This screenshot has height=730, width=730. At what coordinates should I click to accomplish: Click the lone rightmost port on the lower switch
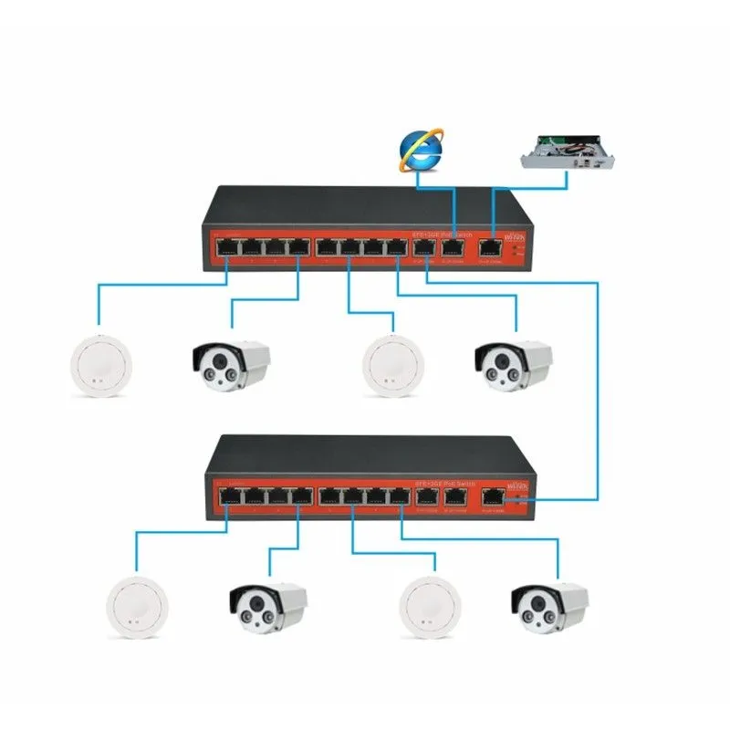(x=494, y=497)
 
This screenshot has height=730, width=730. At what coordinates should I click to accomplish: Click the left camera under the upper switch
(x=231, y=365)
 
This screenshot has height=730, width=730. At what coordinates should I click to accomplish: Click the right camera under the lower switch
(x=547, y=607)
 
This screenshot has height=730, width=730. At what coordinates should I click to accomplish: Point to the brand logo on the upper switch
(x=514, y=234)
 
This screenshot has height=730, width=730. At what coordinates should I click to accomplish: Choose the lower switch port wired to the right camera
(x=400, y=497)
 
